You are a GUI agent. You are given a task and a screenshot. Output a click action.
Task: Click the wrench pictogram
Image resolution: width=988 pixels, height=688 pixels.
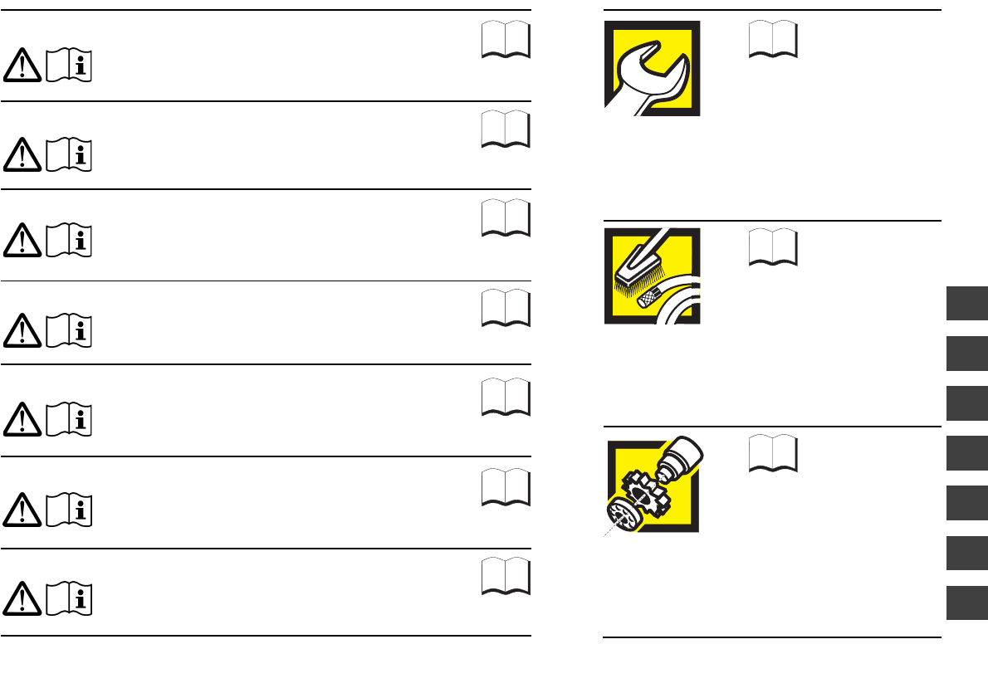[x=652, y=68]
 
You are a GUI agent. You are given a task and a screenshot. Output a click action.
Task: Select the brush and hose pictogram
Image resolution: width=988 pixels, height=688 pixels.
[x=652, y=276]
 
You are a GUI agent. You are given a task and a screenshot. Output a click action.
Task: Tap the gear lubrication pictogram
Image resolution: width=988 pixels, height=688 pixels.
[x=653, y=485]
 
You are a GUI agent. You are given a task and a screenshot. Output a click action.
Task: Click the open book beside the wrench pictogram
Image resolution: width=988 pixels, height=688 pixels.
[x=772, y=39]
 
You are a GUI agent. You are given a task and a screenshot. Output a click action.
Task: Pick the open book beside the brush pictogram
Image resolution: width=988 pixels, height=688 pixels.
[x=772, y=247]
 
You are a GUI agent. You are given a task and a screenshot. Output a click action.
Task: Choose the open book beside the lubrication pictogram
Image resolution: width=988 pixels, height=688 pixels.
[x=772, y=453]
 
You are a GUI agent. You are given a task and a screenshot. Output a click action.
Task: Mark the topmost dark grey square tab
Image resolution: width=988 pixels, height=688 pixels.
[x=966, y=303]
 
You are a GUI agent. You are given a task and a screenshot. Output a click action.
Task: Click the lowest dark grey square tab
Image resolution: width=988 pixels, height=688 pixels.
[x=966, y=602]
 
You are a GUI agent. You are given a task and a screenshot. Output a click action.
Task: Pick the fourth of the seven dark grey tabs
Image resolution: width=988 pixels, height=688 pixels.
[x=966, y=452]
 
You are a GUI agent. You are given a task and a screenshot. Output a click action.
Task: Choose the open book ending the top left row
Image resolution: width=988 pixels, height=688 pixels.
[x=506, y=39]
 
